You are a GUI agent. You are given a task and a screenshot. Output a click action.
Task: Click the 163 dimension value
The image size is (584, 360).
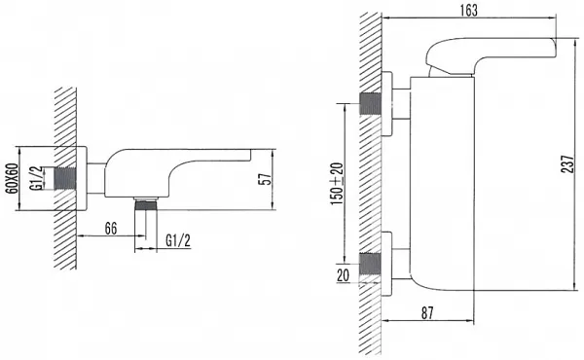[x=468, y=10]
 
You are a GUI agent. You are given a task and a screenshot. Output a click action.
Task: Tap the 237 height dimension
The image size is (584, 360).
[x=568, y=163]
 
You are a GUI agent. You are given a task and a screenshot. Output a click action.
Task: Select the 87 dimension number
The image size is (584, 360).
[x=427, y=313]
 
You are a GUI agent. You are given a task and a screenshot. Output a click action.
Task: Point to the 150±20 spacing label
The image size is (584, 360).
[x=337, y=184]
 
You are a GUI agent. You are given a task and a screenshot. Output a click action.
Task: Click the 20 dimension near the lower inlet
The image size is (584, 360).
[x=343, y=275]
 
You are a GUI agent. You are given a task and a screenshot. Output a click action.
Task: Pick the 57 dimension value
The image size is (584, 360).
[x=264, y=179]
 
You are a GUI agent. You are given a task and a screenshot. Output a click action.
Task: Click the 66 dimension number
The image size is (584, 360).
[x=111, y=229]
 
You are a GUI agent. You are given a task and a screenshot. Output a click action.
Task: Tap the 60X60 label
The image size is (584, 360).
[x=13, y=178]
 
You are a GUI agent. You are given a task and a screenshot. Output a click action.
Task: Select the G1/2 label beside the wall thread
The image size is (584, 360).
[x=37, y=178]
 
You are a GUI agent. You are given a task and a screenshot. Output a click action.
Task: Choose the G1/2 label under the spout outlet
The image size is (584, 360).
[x=178, y=241]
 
